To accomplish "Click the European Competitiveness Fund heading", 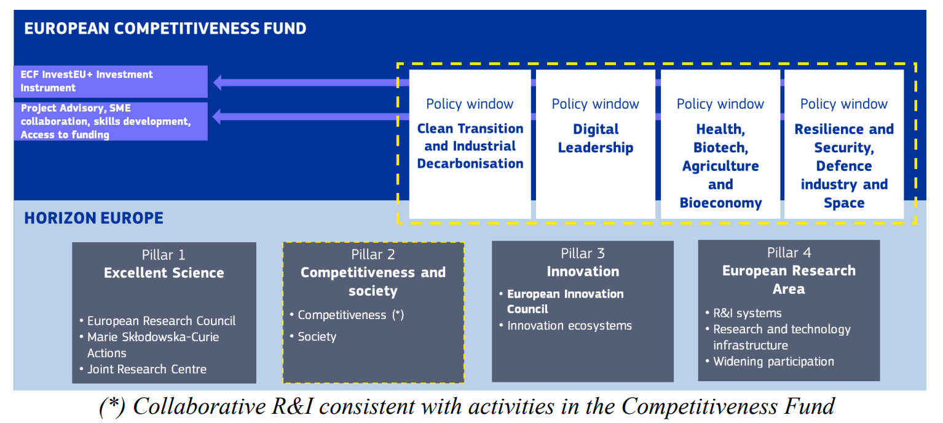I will (x=165, y=28).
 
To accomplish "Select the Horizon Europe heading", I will (x=93, y=218).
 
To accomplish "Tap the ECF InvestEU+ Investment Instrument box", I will (x=111, y=81).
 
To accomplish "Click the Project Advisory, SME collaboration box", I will (x=111, y=121).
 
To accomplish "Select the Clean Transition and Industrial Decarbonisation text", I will (x=470, y=146).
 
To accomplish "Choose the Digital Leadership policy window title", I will (x=595, y=138).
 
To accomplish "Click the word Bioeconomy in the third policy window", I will (x=720, y=203).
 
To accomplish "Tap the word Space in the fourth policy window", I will (x=844, y=203).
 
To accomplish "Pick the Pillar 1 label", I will (x=164, y=255).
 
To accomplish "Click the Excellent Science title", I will (x=164, y=273).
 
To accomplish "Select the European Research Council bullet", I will (x=161, y=321).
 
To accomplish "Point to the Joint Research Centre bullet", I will (x=146, y=370).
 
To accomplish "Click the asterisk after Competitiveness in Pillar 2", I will (x=398, y=315).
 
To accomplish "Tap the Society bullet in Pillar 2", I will (x=317, y=337).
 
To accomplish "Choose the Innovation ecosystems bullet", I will (x=569, y=326).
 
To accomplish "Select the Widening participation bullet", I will (x=773, y=362).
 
